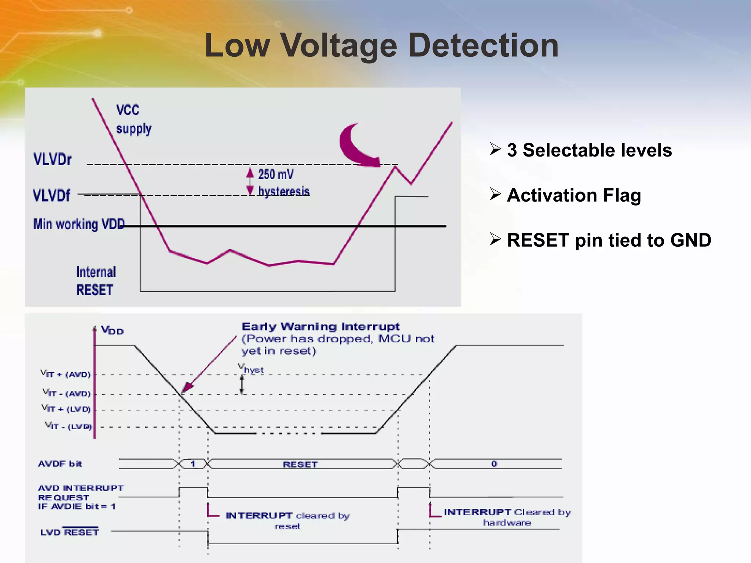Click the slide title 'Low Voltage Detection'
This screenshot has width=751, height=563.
pyautogui.click(x=381, y=45)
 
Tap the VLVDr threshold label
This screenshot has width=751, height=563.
pyautogui.click(x=52, y=159)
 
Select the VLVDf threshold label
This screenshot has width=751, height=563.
pyautogui.click(x=51, y=195)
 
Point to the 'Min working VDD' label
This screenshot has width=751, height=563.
pyautogui.click(x=79, y=224)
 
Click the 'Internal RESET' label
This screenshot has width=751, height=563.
pyautogui.click(x=96, y=281)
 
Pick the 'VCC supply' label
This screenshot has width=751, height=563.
pyautogui.click(x=133, y=119)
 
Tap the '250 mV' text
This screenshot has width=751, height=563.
pyautogui.click(x=276, y=174)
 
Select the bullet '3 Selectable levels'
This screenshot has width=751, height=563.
pyautogui.click(x=589, y=150)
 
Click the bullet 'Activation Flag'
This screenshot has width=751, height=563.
pyautogui.click(x=574, y=195)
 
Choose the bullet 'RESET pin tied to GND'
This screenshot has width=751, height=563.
pyautogui.click(x=609, y=240)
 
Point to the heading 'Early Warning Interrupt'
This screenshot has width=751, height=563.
pyautogui.click(x=320, y=327)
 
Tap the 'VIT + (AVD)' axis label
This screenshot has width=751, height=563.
pyautogui.click(x=66, y=374)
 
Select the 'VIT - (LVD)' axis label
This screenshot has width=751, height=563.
pyautogui.click(x=68, y=426)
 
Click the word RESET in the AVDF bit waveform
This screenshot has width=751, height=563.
pyautogui.click(x=300, y=464)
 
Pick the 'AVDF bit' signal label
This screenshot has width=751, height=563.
pyautogui.click(x=60, y=464)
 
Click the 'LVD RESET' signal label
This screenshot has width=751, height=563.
pyautogui.click(x=70, y=532)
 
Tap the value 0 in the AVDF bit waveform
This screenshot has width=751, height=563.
pyautogui.click(x=494, y=464)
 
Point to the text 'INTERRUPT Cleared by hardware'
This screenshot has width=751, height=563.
pyautogui.click(x=507, y=517)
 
